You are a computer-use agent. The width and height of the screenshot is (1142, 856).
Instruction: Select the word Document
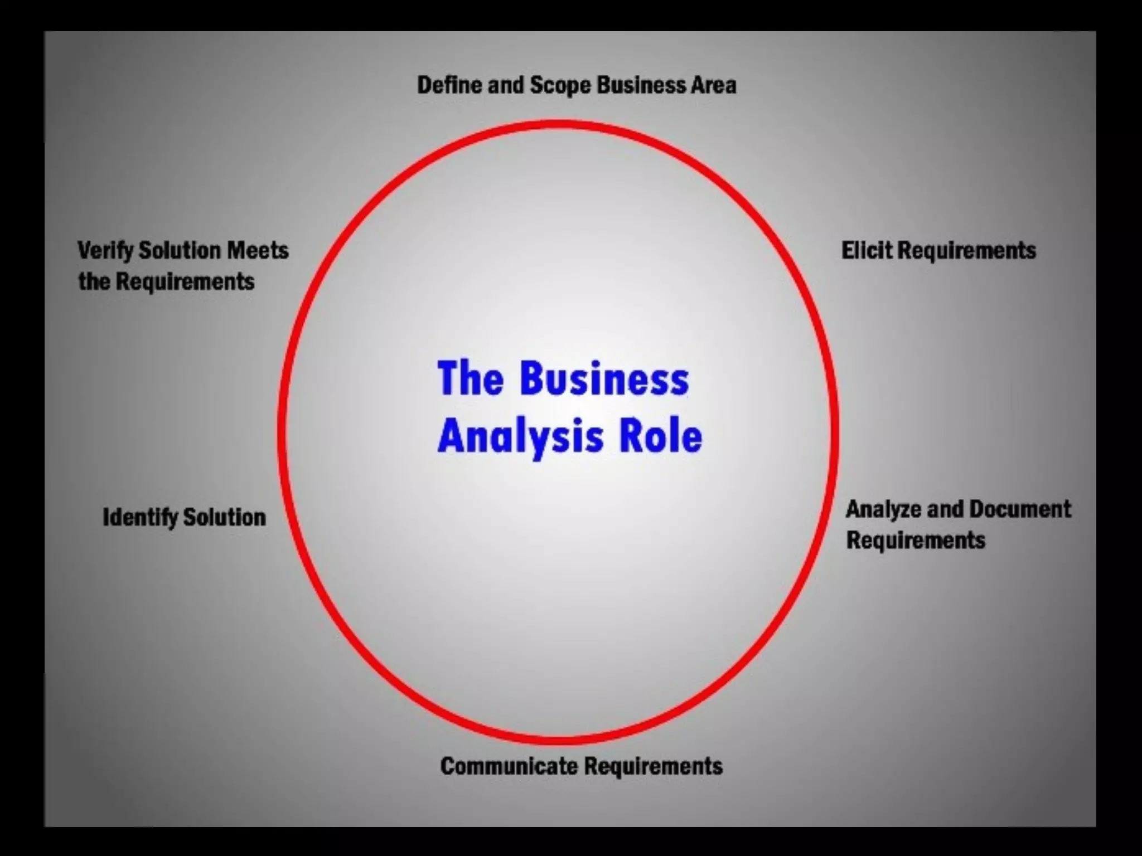click(x=1020, y=509)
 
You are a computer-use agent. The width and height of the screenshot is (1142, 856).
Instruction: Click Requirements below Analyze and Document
click(x=916, y=540)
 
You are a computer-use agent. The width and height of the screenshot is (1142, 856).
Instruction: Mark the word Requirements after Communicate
click(x=653, y=766)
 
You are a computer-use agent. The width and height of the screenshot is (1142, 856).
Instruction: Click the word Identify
click(x=139, y=518)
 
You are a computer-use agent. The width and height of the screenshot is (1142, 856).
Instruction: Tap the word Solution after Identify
click(x=225, y=518)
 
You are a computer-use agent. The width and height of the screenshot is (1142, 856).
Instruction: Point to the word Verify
click(x=105, y=251)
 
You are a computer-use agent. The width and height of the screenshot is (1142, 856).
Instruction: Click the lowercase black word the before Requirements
click(x=94, y=281)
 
